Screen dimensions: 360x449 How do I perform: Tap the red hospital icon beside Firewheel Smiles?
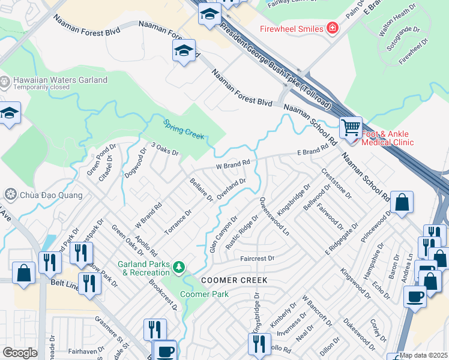(332, 28)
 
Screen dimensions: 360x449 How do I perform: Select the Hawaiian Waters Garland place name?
(61, 80)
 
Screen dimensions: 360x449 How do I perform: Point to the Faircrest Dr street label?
(257, 259)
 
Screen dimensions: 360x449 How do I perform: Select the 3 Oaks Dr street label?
(165, 149)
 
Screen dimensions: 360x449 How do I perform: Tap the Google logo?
(20, 352)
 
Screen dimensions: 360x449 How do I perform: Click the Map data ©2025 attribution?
(423, 355)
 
